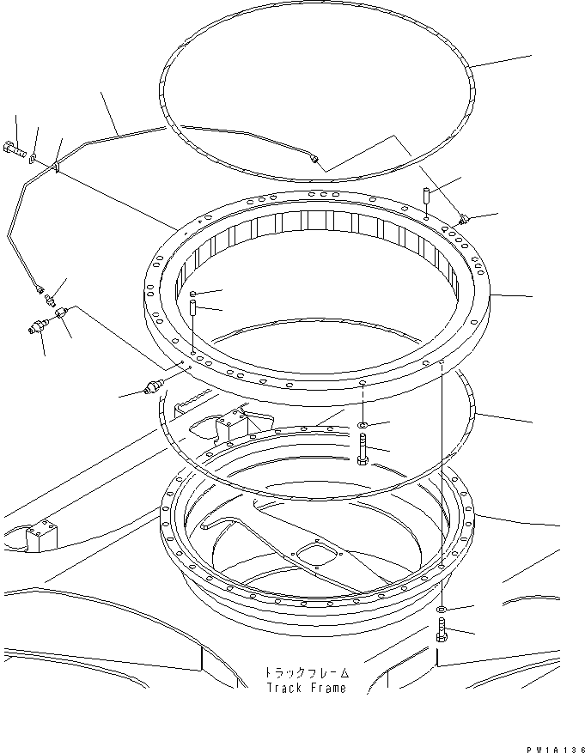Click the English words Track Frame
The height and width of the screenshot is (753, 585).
tap(306, 687)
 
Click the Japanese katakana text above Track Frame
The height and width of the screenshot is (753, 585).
tap(306, 672)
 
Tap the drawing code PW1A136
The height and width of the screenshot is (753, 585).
tap(551, 746)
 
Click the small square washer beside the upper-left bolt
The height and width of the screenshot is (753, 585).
tap(33, 157)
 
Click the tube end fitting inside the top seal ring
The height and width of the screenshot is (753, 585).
tap(317, 159)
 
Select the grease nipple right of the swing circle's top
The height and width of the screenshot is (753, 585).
tap(464, 220)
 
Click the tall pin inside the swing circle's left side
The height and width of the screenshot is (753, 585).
tap(194, 306)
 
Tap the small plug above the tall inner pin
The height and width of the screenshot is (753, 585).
tap(194, 293)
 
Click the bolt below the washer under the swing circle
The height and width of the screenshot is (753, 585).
tap(363, 450)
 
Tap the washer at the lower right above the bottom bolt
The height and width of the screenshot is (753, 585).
tap(441, 609)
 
